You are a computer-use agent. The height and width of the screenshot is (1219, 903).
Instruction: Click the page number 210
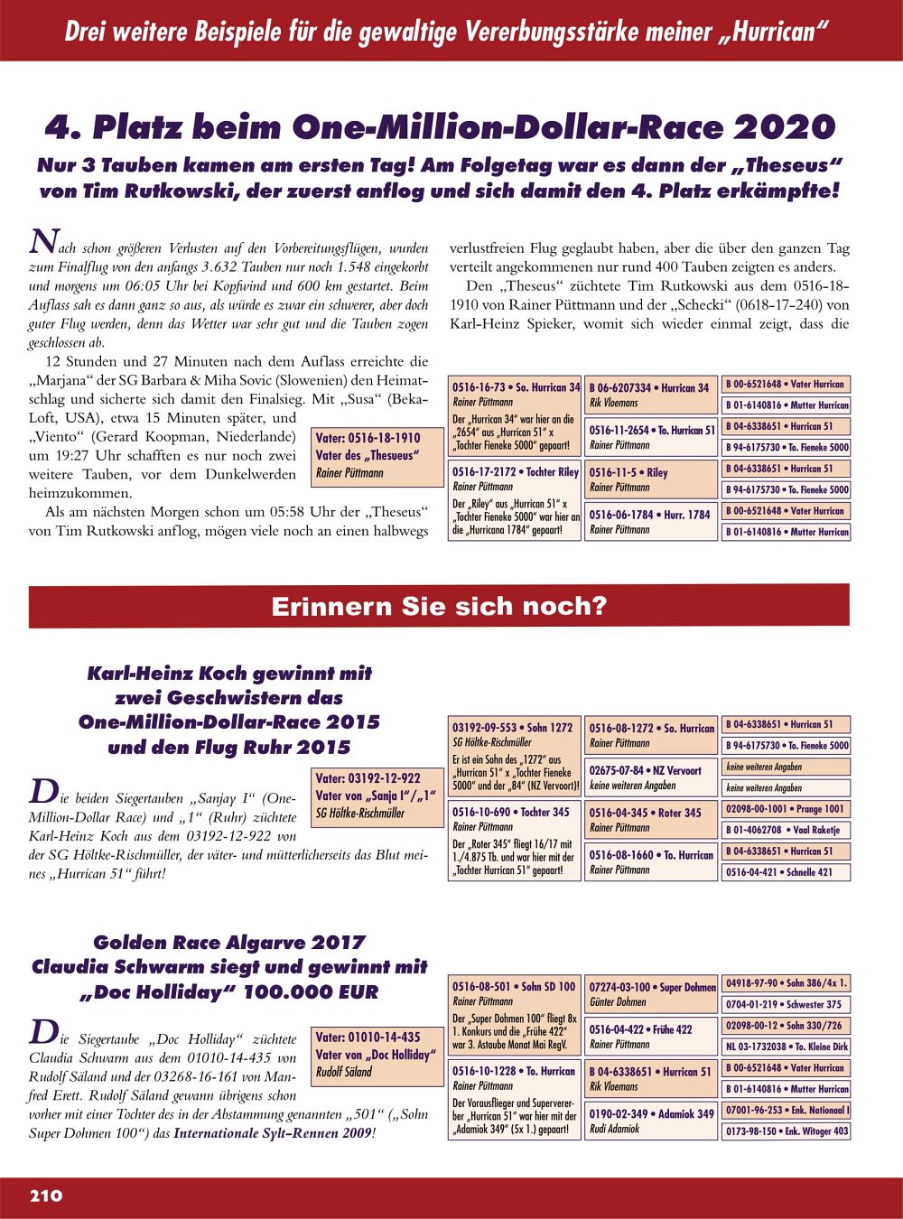pos(46,1196)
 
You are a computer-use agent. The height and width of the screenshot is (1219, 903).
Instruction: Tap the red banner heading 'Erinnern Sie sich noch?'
pos(439,606)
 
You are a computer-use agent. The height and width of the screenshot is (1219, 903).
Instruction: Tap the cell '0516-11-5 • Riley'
pos(650,479)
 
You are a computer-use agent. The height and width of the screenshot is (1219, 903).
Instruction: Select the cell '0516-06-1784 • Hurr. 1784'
pos(650,521)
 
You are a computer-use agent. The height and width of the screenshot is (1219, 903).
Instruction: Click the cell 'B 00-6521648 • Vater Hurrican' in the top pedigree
pos(786,384)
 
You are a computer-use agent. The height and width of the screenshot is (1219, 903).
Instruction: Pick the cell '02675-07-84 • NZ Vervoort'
pos(650,777)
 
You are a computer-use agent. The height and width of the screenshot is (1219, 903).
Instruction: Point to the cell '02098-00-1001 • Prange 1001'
pos(786,809)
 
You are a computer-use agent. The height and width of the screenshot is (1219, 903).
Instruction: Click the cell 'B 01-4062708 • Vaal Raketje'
pos(786,830)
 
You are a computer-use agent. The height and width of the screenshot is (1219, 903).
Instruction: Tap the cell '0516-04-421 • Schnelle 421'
pos(786,872)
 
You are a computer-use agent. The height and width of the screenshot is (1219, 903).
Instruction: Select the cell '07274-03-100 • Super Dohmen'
pos(650,994)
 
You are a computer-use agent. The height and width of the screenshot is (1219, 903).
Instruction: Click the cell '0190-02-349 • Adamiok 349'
pos(650,1121)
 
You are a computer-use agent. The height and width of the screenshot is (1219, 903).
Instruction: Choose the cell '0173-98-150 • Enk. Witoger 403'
pos(786,1131)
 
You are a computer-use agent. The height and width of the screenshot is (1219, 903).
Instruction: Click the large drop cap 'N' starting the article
pos(41,241)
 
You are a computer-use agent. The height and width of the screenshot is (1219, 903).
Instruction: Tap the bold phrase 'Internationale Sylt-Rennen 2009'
pos(273,1133)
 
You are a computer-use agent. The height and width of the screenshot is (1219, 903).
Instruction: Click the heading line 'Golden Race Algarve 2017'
pos(229,943)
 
